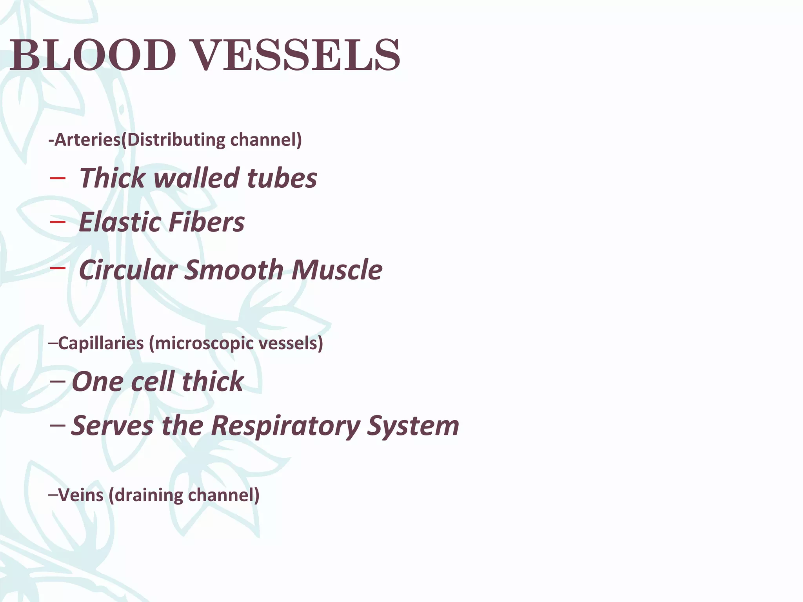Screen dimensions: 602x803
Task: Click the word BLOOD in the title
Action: point(93,55)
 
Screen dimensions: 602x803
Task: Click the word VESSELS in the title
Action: point(297,55)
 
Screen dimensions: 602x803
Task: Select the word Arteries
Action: point(87,140)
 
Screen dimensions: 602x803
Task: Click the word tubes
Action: point(282,178)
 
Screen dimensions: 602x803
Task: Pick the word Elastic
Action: point(119,222)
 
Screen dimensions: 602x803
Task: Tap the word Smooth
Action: point(234,270)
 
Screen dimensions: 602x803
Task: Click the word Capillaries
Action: point(101,343)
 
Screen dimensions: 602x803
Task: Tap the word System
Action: point(413,426)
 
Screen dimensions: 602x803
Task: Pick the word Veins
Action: point(81,495)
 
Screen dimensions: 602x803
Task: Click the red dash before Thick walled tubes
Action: point(58,179)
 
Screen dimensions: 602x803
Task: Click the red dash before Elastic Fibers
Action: point(58,222)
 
